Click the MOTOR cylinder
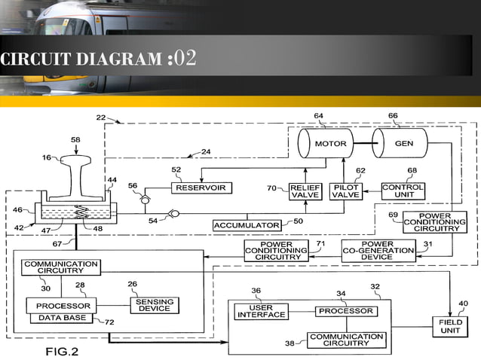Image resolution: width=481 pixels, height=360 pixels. click(330, 143)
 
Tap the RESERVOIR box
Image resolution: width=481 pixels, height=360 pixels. click(201, 188)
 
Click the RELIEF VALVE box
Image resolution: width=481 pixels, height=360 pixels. click(305, 191)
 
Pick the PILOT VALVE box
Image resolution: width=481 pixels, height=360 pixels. click(345, 191)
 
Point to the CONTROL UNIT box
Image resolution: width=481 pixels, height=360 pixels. click(403, 191)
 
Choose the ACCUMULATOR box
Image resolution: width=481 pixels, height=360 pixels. click(247, 225)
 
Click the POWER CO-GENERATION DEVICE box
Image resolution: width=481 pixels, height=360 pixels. click(378, 251)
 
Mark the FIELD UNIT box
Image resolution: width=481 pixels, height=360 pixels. click(450, 326)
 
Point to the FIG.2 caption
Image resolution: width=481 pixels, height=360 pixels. click(61, 351)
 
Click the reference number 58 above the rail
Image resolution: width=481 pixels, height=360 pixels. click(75, 139)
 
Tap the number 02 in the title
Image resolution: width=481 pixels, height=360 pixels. click(185, 59)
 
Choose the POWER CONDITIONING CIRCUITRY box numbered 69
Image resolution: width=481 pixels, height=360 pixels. click(434, 222)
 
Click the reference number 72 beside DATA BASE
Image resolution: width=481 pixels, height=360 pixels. click(109, 322)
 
